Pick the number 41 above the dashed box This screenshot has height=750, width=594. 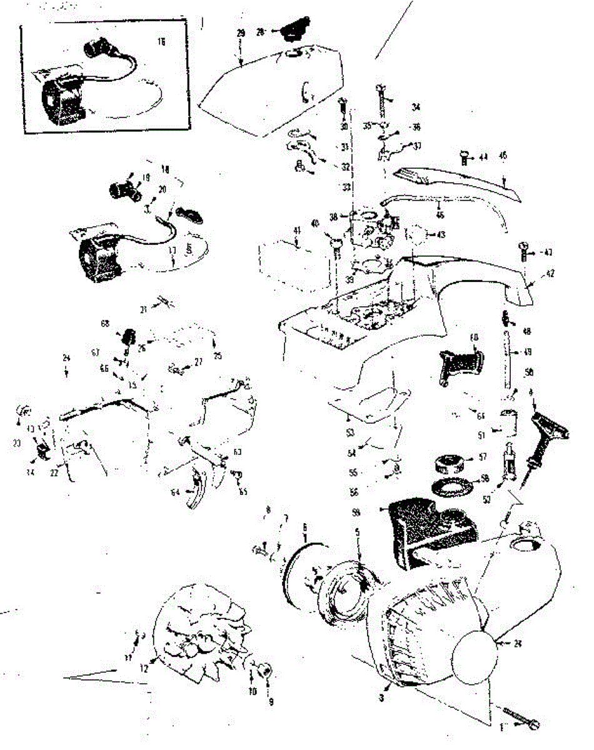point(296,231)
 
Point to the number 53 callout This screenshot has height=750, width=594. point(349,432)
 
